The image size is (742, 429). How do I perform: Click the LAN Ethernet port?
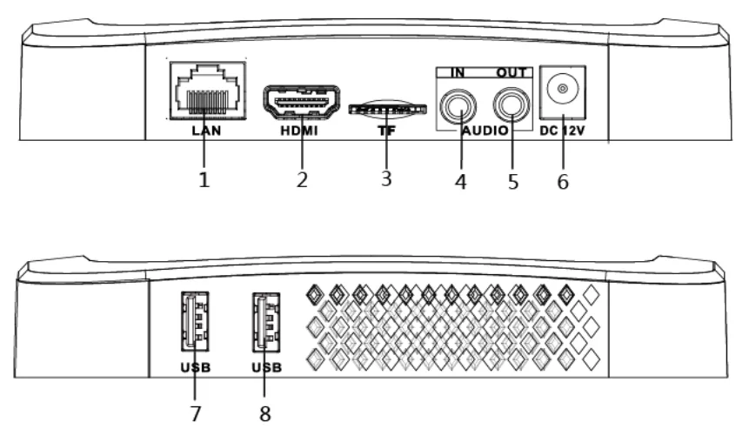pyautogui.click(x=208, y=90)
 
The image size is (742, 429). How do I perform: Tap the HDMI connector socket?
pyautogui.click(x=302, y=102)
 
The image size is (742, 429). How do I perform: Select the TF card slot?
pyautogui.click(x=388, y=110)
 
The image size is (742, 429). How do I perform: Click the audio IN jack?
pyautogui.click(x=458, y=105)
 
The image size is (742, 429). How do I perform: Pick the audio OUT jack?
pyautogui.click(x=511, y=105)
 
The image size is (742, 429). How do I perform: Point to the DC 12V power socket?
pyautogui.click(x=563, y=92)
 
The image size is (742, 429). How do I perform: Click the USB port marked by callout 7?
pyautogui.click(x=195, y=321)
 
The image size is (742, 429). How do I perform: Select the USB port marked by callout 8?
pyautogui.click(x=266, y=322)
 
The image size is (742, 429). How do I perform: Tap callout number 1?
pyautogui.click(x=204, y=180)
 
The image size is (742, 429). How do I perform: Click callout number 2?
pyautogui.click(x=302, y=180)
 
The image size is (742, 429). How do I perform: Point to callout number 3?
pyautogui.click(x=386, y=179)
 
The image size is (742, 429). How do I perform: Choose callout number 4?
pyautogui.click(x=460, y=182)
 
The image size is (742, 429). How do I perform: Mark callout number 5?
pyautogui.click(x=513, y=182)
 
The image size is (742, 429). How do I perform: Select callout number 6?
pyautogui.click(x=563, y=182)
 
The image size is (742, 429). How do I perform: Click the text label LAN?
pyautogui.click(x=206, y=131)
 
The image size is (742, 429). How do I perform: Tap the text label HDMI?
pyautogui.click(x=299, y=131)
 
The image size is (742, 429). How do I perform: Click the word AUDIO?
pyautogui.click(x=485, y=131)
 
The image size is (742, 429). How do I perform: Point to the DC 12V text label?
pyautogui.click(x=562, y=131)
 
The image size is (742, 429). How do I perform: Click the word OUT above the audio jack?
pyautogui.click(x=511, y=73)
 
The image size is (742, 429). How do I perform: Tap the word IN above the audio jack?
pyautogui.click(x=458, y=73)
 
